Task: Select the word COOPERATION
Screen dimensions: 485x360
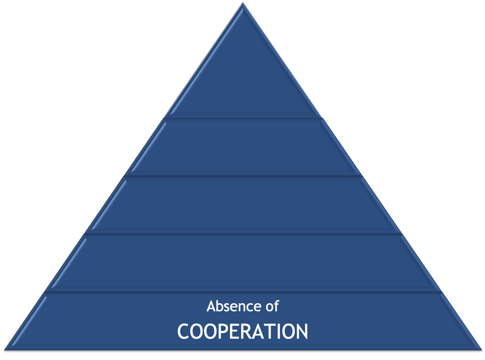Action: click(x=242, y=332)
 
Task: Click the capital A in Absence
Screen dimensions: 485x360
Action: click(x=211, y=306)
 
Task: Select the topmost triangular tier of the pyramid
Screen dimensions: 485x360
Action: click(x=243, y=82)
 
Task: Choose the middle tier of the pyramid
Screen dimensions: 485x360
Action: click(x=243, y=205)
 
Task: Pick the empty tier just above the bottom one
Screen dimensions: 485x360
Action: click(x=243, y=263)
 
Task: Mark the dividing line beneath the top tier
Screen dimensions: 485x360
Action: click(x=243, y=117)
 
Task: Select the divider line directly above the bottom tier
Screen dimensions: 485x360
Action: click(x=243, y=292)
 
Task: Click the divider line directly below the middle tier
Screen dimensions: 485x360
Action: click(x=243, y=234)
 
